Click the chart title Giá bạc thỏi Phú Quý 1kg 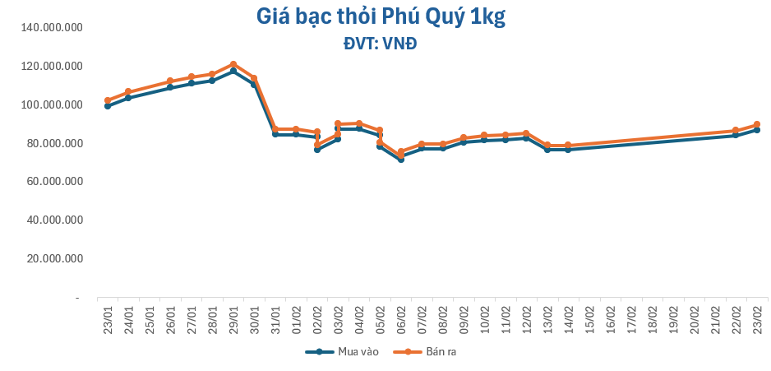pyautogui.click(x=380, y=17)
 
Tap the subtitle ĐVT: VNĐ pyautogui.click(x=380, y=44)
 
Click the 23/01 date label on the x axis pyautogui.click(x=108, y=317)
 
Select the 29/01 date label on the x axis pyautogui.click(x=233, y=317)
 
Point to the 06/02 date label pyautogui.click(x=401, y=317)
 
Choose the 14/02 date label pyautogui.click(x=568, y=317)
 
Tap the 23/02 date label pyautogui.click(x=756, y=317)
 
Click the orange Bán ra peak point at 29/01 pyautogui.click(x=233, y=64)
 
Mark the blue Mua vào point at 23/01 pyautogui.click(x=108, y=106)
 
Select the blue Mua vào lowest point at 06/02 pyautogui.click(x=401, y=159)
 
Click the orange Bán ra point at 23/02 pyautogui.click(x=756, y=124)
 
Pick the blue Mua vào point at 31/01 pyautogui.click(x=275, y=134)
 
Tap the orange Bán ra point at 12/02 pyautogui.click(x=526, y=133)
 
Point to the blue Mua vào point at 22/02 pyautogui.click(x=736, y=135)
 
